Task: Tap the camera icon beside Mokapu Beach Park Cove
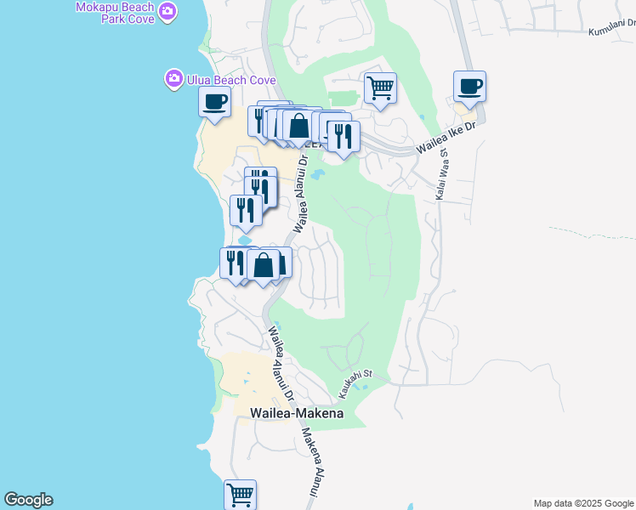168,10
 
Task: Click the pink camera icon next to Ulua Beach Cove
173,79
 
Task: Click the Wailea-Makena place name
297,413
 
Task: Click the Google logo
28,500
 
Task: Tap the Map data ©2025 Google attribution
584,503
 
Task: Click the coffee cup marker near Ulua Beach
214,103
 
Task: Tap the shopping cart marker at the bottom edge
241,494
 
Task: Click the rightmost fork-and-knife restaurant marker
344,136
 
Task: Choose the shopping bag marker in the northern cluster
298,126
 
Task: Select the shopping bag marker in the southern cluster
264,264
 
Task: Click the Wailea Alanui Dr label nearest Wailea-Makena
281,363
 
